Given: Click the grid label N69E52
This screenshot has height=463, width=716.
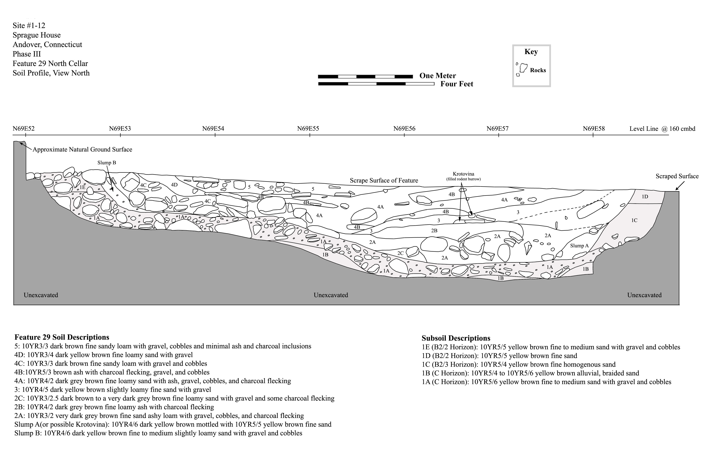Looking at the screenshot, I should click(23, 129).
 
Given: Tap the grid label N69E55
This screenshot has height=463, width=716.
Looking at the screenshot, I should click(308, 129).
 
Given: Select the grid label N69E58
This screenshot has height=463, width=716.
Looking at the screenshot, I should click(594, 129).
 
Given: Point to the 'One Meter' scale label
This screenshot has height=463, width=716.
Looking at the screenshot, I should click(438, 76).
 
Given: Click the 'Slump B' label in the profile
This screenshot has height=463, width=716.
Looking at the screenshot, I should click(107, 163).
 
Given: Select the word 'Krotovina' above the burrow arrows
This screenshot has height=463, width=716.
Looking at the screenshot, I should click(463, 174).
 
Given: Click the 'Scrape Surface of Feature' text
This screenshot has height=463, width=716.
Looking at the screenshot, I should click(384, 180).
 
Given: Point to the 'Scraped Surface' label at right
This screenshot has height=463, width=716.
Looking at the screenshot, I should click(677, 176).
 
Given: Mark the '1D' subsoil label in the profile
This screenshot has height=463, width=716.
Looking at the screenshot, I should click(645, 197).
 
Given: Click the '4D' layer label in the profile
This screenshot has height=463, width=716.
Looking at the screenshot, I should click(174, 185).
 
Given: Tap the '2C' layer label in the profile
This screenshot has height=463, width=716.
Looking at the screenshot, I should click(400, 253).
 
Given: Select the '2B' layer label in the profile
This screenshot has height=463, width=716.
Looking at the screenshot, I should click(434, 231).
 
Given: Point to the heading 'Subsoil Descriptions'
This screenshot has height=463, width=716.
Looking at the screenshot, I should click(456, 338).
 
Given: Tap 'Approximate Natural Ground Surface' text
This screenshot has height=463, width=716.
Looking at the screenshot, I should click(82, 149).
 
